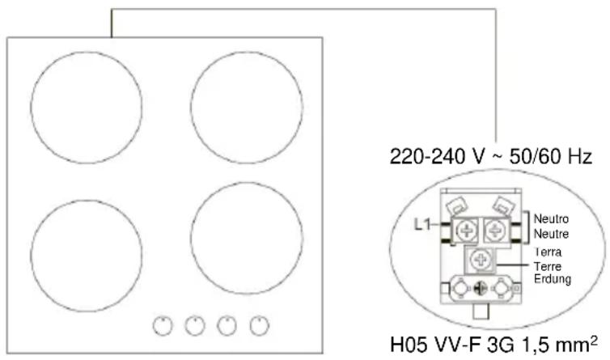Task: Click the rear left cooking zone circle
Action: coord(31,107)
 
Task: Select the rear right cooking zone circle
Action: coord(191,107)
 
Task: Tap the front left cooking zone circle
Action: coord(31,256)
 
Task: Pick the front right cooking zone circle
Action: coord(191,238)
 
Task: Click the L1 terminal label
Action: coord(422,224)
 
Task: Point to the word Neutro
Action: coord(551,218)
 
